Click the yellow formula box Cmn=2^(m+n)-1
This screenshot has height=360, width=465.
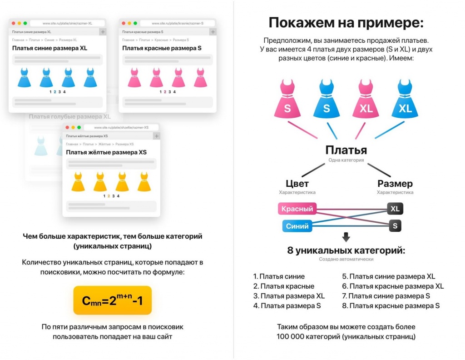pyautogui.click(x=112, y=300)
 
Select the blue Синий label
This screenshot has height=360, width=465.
pyautogui.click(x=297, y=226)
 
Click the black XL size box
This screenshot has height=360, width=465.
pyautogui.click(x=395, y=209)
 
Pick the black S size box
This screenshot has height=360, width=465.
pyautogui.click(x=395, y=226)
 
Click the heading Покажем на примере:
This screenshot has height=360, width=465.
pyautogui.click(x=346, y=23)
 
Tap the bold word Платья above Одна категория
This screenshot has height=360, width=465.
pyautogui.click(x=346, y=150)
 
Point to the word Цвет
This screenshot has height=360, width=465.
pyautogui.click(x=297, y=184)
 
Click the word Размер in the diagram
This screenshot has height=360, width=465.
pyautogui.click(x=395, y=184)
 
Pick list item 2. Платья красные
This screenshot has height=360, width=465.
pyautogui.click(x=284, y=286)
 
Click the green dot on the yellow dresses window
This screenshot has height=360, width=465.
pyautogui.click(x=79, y=127)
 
